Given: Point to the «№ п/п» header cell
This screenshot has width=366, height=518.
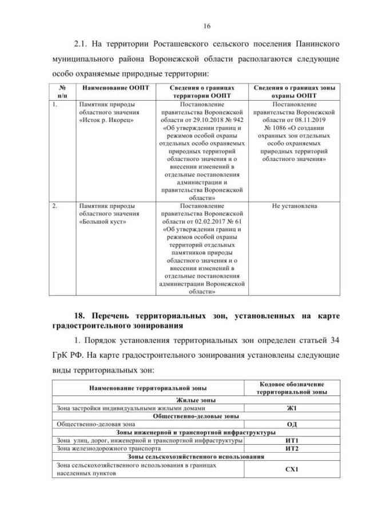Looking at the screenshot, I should coord(62,92).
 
